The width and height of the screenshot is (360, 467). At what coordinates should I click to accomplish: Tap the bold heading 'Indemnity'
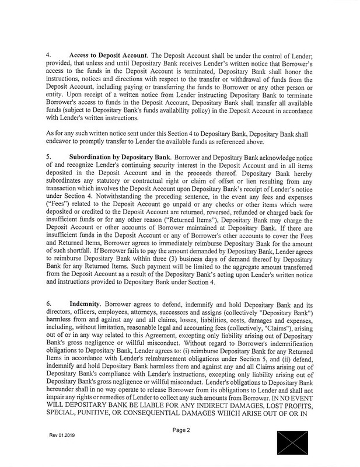pyautogui.click(x=86, y=304)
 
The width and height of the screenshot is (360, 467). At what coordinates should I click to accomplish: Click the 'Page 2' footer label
pyautogui.click(x=186, y=430)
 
